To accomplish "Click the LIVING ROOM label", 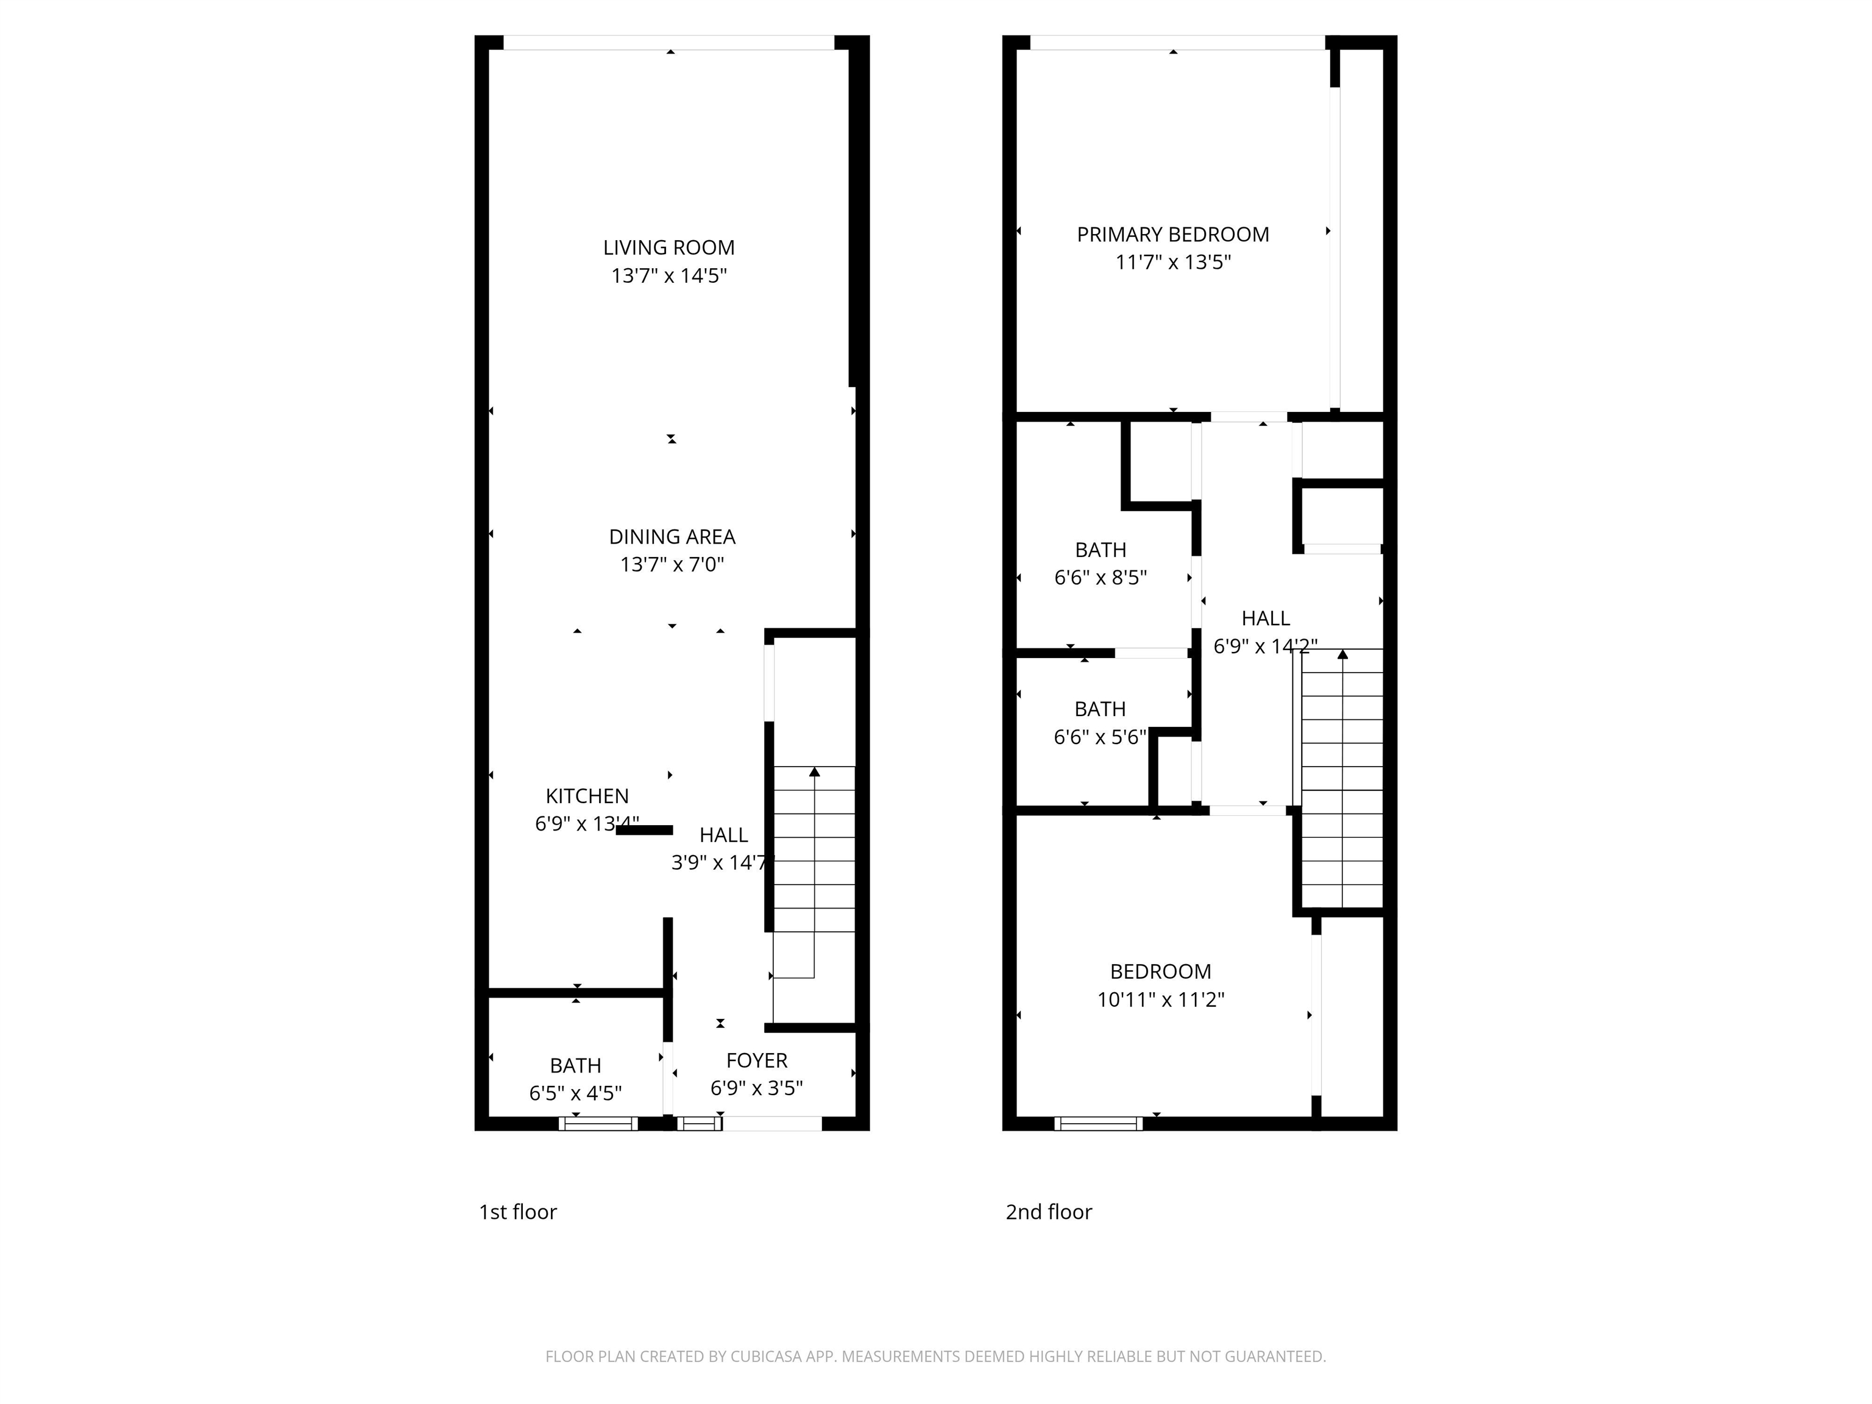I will click(668, 248).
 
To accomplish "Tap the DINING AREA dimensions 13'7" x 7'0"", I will click(672, 564).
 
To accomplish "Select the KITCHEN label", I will click(586, 796).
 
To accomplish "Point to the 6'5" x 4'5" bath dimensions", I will click(575, 1093).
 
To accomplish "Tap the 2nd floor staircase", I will click(1341, 779).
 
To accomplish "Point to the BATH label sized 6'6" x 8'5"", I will click(1100, 550).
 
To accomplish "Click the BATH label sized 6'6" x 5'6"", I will click(1100, 709).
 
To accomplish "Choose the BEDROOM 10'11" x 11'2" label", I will click(1160, 971).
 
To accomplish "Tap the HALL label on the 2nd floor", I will click(1265, 619).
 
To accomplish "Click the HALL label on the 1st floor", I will click(723, 835).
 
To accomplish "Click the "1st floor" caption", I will click(518, 1212).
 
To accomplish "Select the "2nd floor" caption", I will click(1049, 1212).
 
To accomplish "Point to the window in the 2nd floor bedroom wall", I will click(1097, 1124).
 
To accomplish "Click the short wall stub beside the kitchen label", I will click(644, 830).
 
